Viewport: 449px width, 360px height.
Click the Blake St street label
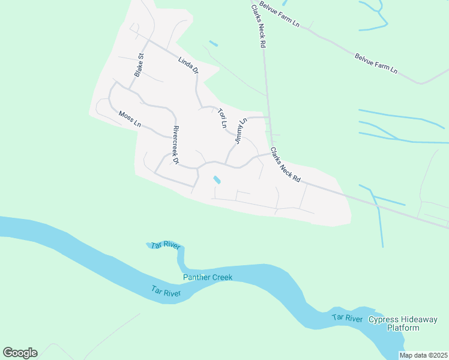139,65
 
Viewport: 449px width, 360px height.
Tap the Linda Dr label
188,65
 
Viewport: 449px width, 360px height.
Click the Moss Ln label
130,119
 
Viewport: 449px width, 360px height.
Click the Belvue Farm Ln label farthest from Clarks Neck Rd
376,63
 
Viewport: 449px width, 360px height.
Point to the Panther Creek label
208,277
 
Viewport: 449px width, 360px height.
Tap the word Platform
403,328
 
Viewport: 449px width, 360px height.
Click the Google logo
20,352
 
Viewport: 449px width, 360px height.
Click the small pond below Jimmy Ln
217,179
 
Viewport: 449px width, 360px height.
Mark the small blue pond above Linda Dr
214,43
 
